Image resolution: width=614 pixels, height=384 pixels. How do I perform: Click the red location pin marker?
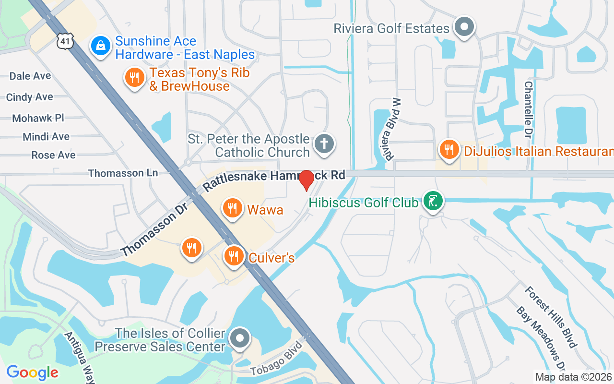pyautogui.click(x=307, y=180)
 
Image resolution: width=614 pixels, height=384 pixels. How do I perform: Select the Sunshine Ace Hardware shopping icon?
pyautogui.click(x=100, y=47)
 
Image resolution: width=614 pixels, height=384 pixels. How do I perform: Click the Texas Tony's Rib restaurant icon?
pyautogui.click(x=135, y=78)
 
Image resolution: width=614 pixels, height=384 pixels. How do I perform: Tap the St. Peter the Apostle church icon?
pyautogui.click(x=324, y=144)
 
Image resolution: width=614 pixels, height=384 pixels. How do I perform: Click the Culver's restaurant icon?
pyautogui.click(x=234, y=256)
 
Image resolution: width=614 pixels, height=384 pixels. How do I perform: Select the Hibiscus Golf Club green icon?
pyautogui.click(x=433, y=201)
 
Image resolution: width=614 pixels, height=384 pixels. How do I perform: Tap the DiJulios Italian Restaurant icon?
pyautogui.click(x=449, y=150)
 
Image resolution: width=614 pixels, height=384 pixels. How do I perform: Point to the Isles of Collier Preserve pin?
pyautogui.click(x=239, y=338)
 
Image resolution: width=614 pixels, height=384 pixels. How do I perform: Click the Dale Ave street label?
pyautogui.click(x=30, y=76)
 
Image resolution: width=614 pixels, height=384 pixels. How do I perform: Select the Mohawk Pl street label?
pyautogui.click(x=38, y=118)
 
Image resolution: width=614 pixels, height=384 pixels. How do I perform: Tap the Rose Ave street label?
pyautogui.click(x=53, y=155)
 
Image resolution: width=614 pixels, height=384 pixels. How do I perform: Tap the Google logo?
pyautogui.click(x=32, y=372)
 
